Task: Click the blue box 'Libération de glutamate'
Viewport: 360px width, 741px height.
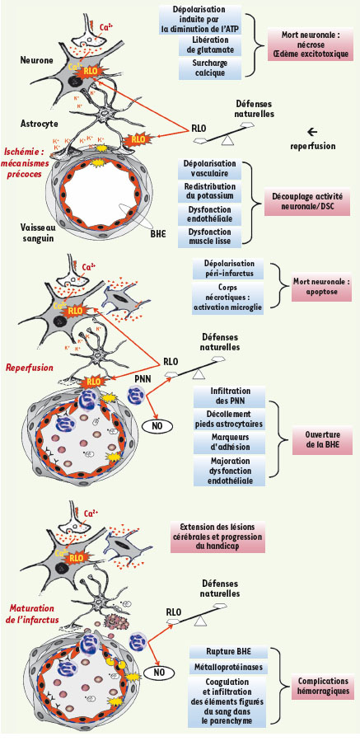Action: coord(210,45)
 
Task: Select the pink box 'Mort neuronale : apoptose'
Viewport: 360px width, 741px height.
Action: coord(321,288)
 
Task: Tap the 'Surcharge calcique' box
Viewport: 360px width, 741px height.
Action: coord(210,68)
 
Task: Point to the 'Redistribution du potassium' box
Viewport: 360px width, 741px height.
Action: coord(209,191)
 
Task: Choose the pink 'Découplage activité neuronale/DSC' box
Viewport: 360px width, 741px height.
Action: coord(307,200)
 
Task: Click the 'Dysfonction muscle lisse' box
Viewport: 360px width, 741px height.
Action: coord(209,237)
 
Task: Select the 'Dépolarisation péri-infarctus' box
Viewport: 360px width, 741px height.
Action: coord(223,268)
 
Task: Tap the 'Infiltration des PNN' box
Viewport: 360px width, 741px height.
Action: coord(224,396)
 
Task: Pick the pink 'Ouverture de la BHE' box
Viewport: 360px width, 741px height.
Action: coord(322,440)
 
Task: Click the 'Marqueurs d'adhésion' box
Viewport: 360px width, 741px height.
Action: coord(224,442)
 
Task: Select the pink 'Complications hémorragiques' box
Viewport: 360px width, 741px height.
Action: coord(323,686)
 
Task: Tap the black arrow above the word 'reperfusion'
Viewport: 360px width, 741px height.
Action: coord(312,132)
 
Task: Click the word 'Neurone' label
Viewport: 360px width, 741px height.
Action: coord(36,60)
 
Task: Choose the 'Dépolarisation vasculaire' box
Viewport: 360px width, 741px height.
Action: coord(209,168)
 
